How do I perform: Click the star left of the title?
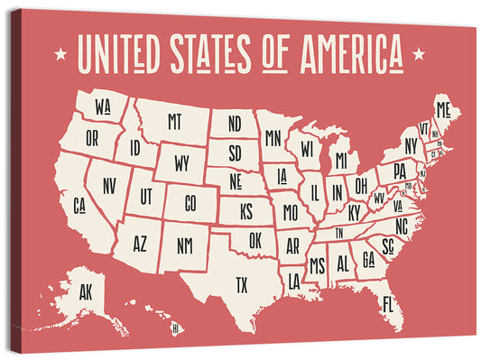pos(60,54)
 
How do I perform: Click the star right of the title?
pos(419,54)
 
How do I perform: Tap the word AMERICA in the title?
pos(347,54)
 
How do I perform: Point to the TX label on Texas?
pos(241,284)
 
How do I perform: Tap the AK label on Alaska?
pos(86,291)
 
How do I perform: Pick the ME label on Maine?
pos(442,110)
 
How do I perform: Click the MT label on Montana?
pos(175,120)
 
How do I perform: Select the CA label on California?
pos(79,205)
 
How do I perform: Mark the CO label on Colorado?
pos(190,204)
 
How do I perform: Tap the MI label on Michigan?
pos(340,160)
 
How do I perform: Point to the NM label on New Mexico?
pos(183,244)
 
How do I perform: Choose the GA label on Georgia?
pos(368,258)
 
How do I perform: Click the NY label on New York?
pos(412,145)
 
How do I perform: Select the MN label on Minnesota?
pos(272,138)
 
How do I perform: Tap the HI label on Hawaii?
pos(175,328)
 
